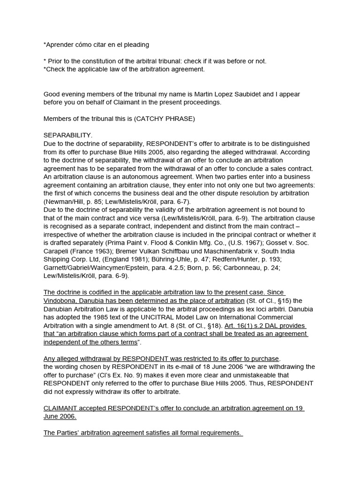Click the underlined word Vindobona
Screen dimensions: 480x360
tap(60, 300)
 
